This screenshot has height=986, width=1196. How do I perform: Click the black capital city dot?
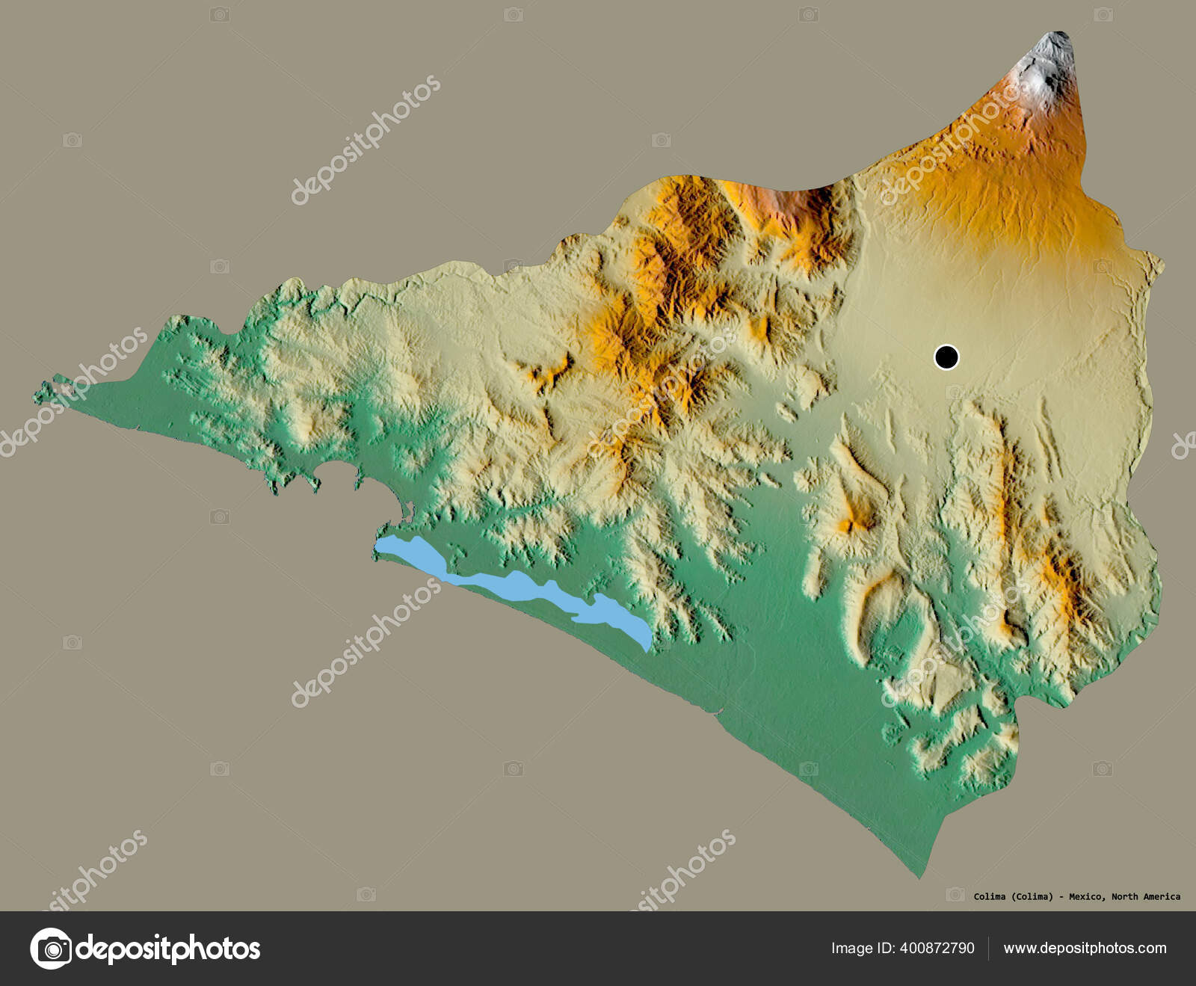946,357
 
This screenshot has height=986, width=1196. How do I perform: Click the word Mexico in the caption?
1085,896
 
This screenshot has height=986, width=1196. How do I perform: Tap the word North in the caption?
1124,896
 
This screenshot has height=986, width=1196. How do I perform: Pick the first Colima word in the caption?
990,896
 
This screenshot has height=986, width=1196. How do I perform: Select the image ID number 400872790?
937,948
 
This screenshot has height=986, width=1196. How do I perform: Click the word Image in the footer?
851,948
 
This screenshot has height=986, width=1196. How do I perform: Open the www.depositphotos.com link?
1085,948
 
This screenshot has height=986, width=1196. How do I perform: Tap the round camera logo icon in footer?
51,949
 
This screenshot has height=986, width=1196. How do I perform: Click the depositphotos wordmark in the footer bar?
168,949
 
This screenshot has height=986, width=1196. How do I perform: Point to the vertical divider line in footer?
989,948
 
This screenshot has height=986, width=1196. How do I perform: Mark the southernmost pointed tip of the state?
921,875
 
